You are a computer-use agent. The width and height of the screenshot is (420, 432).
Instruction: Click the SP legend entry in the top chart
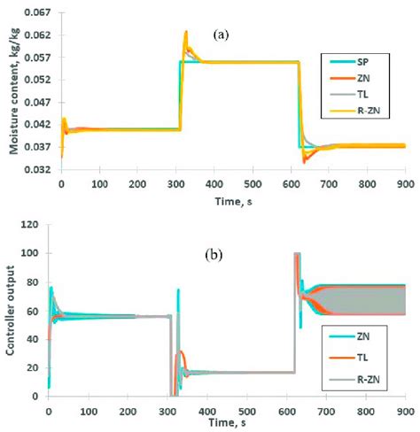point(349,62)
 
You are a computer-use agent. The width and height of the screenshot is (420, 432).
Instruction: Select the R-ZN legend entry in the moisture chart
point(355,111)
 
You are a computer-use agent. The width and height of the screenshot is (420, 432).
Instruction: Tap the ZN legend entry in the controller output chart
point(349,336)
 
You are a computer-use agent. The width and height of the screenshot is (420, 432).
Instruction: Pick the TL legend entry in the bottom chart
point(348,358)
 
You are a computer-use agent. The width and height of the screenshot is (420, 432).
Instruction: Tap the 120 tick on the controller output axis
point(29,225)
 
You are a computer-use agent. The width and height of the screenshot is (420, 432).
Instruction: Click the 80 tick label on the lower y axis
point(33,282)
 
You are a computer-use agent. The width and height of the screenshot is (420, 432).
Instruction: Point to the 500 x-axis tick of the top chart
point(253,184)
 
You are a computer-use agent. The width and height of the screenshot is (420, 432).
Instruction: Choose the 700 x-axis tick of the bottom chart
point(326,412)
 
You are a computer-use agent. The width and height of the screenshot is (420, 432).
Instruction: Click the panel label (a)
point(221,35)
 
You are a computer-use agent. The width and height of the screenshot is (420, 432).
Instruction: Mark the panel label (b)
point(214,255)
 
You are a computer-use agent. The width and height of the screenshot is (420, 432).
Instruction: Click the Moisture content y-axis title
point(14,91)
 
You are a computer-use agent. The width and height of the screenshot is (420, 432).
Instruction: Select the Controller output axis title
point(10,310)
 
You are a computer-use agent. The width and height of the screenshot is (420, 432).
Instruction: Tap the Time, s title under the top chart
point(233,202)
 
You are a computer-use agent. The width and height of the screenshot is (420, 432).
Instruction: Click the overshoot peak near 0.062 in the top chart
point(186,32)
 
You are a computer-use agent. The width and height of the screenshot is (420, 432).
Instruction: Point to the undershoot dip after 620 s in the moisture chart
point(305,161)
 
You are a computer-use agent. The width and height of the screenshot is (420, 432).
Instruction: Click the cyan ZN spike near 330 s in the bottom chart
point(178,290)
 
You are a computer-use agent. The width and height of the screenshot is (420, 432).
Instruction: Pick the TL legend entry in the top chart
point(349,95)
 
